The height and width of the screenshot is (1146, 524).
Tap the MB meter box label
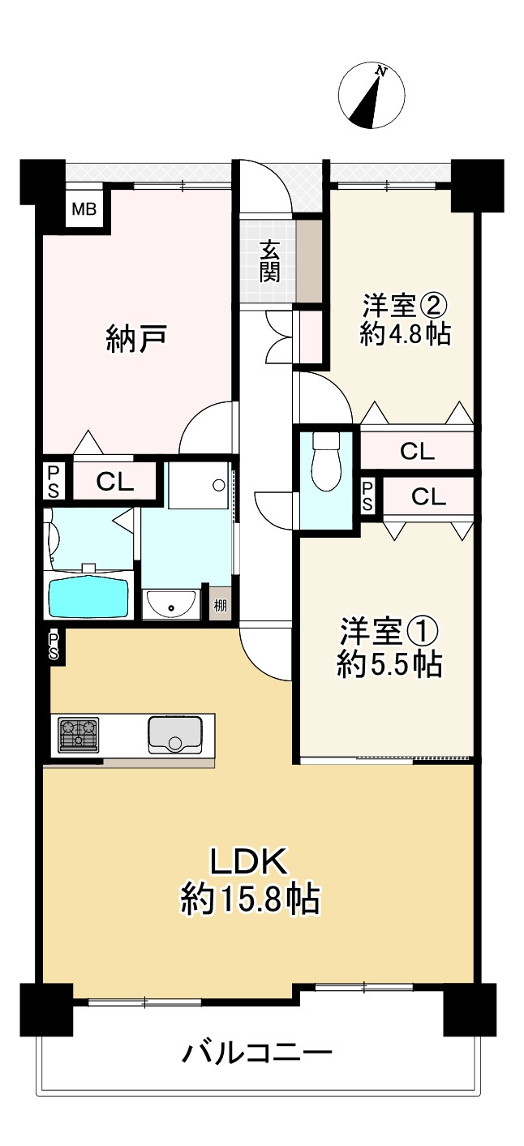click(84, 211)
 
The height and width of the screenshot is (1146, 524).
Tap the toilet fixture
click(328, 461)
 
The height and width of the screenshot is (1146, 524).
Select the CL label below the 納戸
click(115, 482)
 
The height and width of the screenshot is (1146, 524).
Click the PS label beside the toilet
click(367, 496)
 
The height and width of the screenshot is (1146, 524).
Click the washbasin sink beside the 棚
click(171, 604)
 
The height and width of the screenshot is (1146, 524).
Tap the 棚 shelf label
click(220, 604)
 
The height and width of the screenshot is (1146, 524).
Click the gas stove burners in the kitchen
click(78, 736)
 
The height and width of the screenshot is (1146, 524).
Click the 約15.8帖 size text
click(250, 899)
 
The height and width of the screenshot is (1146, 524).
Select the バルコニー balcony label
click(256, 1054)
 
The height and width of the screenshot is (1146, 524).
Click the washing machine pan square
click(199, 485)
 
